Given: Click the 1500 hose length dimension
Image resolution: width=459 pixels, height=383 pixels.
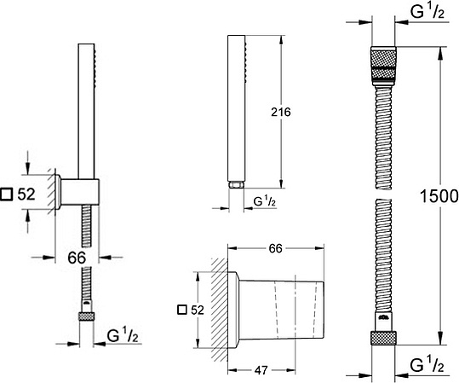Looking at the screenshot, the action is click(x=439, y=196).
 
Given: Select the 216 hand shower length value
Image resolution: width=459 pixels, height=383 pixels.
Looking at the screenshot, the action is click(x=281, y=112).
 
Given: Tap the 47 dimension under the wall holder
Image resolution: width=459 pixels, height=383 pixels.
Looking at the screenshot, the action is click(x=261, y=371).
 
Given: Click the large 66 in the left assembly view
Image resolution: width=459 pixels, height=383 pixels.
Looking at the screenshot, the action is click(x=77, y=258).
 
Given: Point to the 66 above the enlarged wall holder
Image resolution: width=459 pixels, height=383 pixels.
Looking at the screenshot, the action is click(x=275, y=249).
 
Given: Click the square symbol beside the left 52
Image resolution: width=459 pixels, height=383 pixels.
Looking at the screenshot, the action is click(x=7, y=194).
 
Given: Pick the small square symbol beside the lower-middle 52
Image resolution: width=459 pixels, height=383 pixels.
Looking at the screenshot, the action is click(x=182, y=310).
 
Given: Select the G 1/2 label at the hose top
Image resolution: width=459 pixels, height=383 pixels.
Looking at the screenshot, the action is click(x=427, y=12).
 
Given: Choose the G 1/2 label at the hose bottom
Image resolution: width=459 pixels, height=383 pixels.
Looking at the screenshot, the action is click(x=427, y=365).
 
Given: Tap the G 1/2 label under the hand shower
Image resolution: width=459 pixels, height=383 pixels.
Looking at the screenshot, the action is click(x=264, y=202).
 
